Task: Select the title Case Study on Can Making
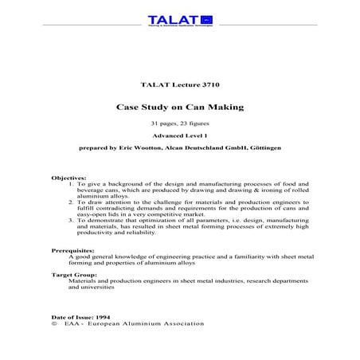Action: tap(179, 106)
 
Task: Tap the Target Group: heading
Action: tap(74, 275)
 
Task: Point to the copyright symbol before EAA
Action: tap(53, 325)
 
